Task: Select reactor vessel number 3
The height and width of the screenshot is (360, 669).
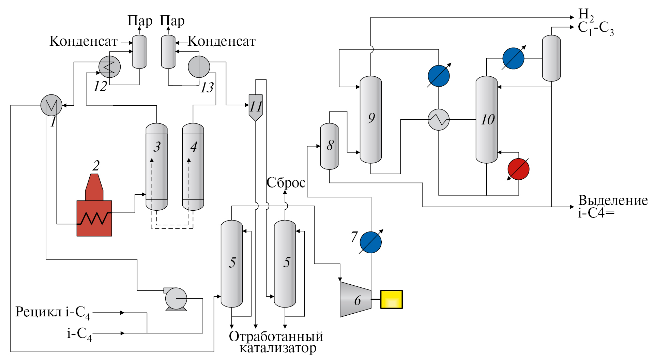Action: [156, 167]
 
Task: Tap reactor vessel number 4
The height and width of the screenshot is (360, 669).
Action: [193, 167]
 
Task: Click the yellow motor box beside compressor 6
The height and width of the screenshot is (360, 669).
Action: [391, 299]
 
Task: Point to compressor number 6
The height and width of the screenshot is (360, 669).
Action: [355, 299]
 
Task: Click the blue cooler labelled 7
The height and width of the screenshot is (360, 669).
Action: [370, 242]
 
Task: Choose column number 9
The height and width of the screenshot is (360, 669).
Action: [370, 119]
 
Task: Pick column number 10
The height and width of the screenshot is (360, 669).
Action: [486, 119]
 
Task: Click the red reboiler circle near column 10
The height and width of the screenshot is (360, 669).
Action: [518, 169]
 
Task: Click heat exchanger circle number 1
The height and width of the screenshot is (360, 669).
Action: [51, 105]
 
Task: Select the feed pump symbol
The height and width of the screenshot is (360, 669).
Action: [176, 299]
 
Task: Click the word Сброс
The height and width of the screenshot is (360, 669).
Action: [286, 183]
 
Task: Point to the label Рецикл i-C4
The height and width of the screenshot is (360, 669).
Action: [53, 312]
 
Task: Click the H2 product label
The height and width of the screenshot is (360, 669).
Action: [586, 14]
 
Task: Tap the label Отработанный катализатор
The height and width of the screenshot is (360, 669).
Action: [276, 342]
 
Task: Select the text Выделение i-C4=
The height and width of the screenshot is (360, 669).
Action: [613, 206]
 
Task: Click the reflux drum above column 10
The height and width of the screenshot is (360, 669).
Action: [551, 58]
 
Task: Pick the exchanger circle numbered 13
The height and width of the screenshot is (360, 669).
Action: [199, 67]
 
